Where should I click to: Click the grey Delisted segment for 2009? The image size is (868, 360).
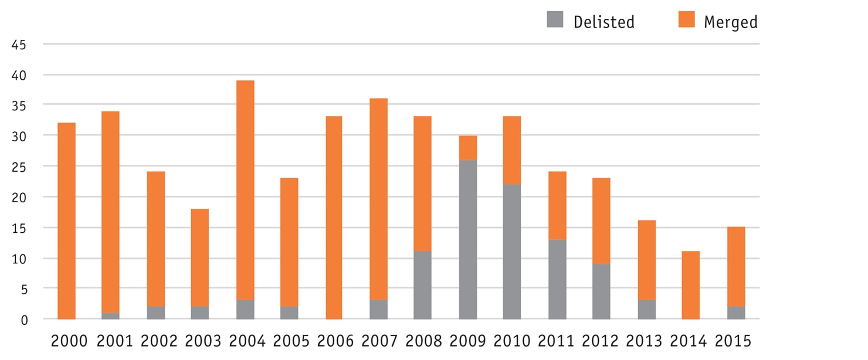(468, 239)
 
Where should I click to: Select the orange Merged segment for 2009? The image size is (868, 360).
(468, 148)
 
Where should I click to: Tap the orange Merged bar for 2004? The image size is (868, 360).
(245, 190)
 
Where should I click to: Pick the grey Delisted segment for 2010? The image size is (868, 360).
(512, 252)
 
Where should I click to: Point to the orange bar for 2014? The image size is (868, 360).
(690, 285)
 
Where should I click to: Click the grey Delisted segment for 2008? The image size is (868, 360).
(422, 285)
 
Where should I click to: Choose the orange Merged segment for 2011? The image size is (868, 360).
(557, 205)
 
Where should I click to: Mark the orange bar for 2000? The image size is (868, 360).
(66, 220)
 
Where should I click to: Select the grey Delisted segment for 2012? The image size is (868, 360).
(601, 291)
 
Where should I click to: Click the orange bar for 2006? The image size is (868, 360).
(333, 218)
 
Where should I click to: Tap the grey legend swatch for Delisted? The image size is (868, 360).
(555, 20)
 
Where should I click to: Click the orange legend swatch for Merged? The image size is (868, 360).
(686, 20)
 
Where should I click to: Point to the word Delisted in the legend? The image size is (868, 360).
(603, 22)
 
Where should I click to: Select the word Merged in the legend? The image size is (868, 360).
(730, 22)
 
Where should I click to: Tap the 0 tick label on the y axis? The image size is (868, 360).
(23, 320)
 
